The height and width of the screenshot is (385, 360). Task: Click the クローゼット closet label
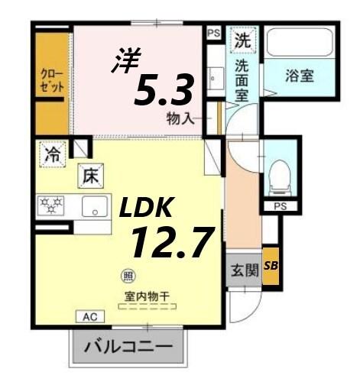point(52,79)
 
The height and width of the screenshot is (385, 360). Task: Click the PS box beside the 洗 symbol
point(213,32)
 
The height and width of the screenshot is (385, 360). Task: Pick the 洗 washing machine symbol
point(243,38)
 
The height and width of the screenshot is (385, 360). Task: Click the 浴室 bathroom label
point(300,76)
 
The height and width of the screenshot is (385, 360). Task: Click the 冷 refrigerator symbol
point(51,154)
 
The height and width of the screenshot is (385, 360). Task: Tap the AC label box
point(89,315)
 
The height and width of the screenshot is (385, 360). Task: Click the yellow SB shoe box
point(271,265)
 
